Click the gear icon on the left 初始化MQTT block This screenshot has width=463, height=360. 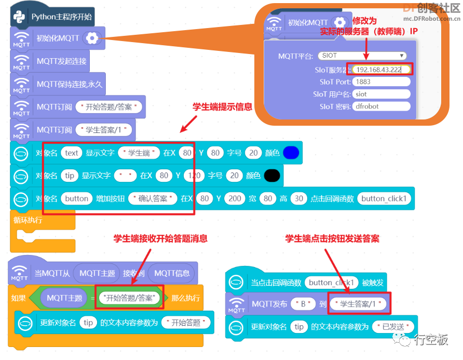coord(92,38)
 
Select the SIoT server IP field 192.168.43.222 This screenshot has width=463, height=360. coord(381,70)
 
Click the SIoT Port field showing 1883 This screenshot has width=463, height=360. coord(381,82)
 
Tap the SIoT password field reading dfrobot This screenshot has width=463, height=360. coord(381,106)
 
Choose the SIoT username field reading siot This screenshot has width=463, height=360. coord(381,94)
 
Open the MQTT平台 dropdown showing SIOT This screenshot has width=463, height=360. coord(362,56)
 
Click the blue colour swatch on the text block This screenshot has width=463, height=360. coord(291,153)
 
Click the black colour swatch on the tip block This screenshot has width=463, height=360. coord(272,176)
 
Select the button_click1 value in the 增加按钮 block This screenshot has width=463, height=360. coord(384,198)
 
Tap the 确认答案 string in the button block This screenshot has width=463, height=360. coord(153,198)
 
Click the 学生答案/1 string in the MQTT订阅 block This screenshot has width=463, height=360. coord(104,130)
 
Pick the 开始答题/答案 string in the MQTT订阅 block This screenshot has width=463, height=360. coord(108,107)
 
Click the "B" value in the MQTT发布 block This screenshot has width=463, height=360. coord(303,304)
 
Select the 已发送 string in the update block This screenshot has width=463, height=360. coord(393,327)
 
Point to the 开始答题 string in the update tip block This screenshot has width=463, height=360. coord(186,323)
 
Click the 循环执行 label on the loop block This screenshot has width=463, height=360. coord(28,220)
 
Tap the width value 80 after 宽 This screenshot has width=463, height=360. coord(268,198)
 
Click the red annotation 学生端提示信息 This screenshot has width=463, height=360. coord(222,106)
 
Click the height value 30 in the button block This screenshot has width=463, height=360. coord(299,198)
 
